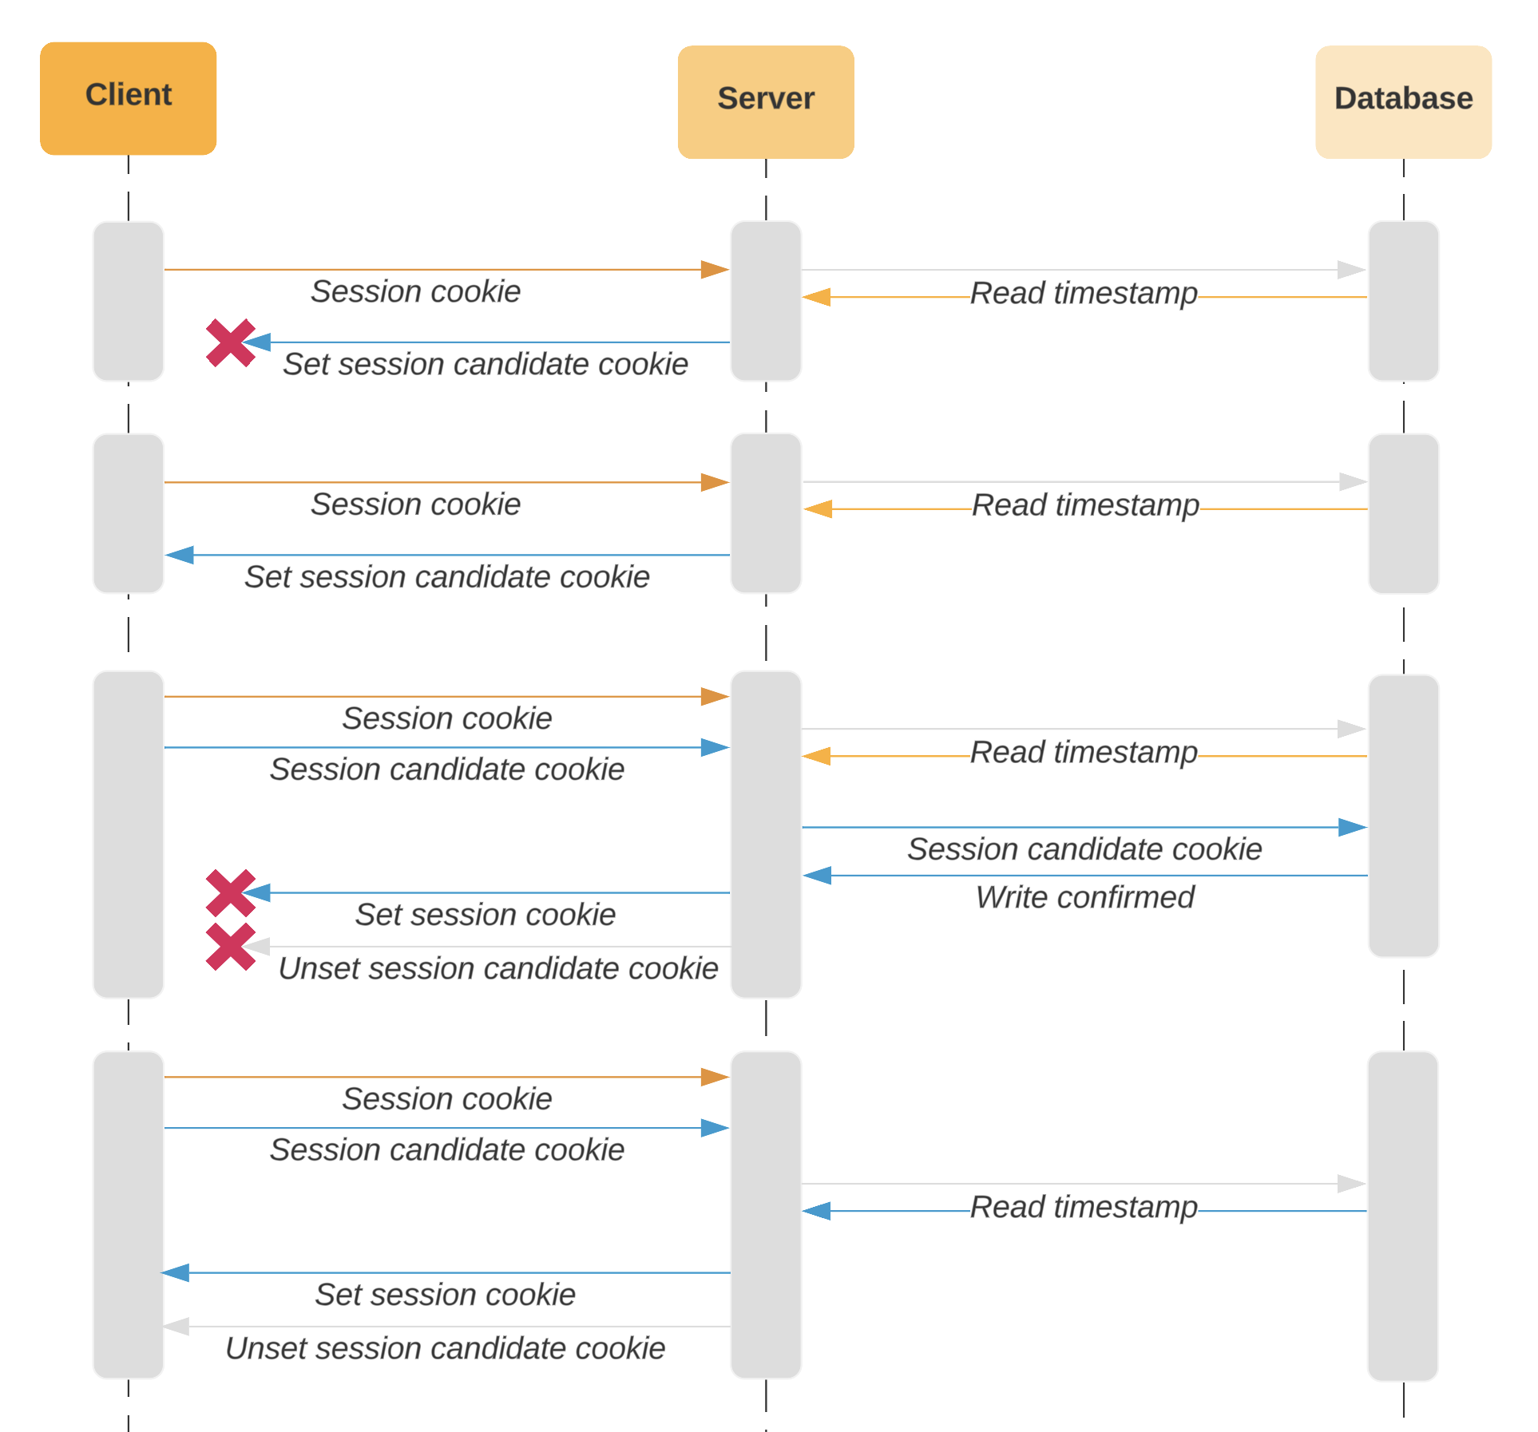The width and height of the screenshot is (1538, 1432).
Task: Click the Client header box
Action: (128, 98)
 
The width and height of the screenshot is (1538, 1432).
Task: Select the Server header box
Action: (765, 101)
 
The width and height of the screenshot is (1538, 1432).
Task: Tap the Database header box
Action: (1402, 101)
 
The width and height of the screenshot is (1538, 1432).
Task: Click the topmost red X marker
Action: (230, 342)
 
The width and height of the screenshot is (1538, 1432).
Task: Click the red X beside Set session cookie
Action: (230, 892)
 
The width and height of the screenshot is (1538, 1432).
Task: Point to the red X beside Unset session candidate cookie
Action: (230, 947)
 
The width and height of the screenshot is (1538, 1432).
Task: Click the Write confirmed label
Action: (1084, 897)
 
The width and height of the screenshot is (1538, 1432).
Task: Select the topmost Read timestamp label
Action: (1084, 293)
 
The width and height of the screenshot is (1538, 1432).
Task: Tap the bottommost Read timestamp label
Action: (1084, 1207)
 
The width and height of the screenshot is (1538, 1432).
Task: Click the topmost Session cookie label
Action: (415, 291)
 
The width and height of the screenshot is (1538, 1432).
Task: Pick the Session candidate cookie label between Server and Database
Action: (1084, 849)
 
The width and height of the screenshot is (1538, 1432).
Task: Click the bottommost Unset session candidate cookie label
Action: (445, 1348)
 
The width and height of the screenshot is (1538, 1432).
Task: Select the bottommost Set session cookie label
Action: (445, 1295)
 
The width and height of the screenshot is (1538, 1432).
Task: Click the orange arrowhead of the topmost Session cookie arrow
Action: (715, 270)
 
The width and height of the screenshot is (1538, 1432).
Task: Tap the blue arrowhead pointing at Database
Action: (1353, 827)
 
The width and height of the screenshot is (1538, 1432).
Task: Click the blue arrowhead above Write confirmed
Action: (817, 876)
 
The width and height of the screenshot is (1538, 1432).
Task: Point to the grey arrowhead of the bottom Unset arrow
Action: (176, 1327)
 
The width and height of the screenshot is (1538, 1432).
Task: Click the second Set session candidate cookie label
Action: (446, 576)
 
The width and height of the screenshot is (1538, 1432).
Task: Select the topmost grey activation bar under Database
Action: (1402, 301)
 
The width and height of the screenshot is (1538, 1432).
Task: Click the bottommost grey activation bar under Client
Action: (128, 1214)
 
